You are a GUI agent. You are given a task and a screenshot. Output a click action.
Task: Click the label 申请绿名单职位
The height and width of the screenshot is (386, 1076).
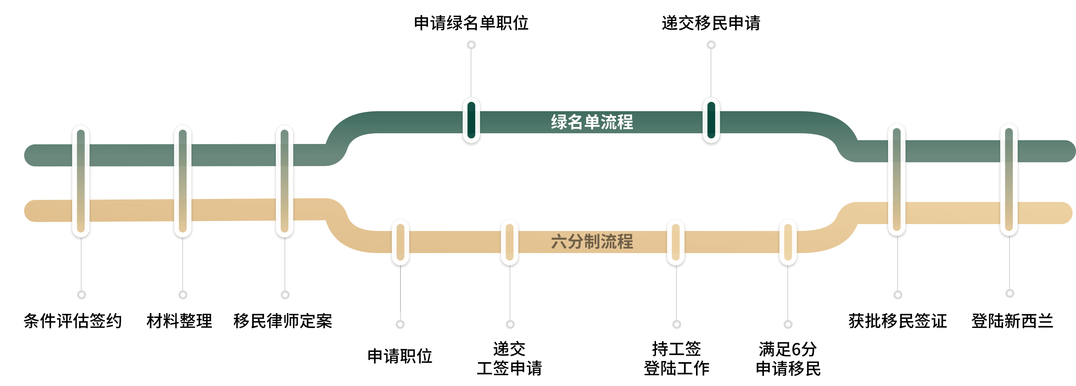[471, 23]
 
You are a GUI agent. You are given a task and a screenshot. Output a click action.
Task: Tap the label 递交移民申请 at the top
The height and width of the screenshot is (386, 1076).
[711, 23]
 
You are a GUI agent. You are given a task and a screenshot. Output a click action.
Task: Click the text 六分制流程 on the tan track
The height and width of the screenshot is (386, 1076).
[592, 242]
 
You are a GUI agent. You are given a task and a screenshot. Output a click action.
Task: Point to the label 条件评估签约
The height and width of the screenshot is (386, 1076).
[73, 321]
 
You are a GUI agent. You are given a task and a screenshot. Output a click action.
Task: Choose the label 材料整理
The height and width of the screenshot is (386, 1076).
[179, 321]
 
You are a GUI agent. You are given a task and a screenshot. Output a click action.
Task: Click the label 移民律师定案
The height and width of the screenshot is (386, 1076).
[283, 321]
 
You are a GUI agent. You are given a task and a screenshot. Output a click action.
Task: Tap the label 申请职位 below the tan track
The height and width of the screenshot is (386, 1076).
[400, 357]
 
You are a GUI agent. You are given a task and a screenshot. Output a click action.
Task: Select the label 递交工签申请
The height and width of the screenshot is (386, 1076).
[510, 359]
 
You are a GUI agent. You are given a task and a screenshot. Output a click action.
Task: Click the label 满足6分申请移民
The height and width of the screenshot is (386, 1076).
[788, 359]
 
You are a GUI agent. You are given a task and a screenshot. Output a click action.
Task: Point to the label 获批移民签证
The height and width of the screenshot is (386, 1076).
[898, 321]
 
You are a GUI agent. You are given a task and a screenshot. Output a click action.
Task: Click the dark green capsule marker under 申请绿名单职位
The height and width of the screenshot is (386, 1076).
[471, 120]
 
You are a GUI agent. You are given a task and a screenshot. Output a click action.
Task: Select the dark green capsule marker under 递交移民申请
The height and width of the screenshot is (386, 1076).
[711, 120]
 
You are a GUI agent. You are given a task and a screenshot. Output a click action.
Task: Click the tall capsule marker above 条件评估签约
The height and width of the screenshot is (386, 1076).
[81, 181]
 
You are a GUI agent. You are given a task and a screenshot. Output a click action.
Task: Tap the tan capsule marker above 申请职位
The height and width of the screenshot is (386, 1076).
[400, 242]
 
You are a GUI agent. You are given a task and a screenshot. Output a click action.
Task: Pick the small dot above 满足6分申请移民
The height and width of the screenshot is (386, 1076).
[788, 324]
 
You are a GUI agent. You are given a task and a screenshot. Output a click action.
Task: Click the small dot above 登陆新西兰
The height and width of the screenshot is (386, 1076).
[1009, 293]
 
